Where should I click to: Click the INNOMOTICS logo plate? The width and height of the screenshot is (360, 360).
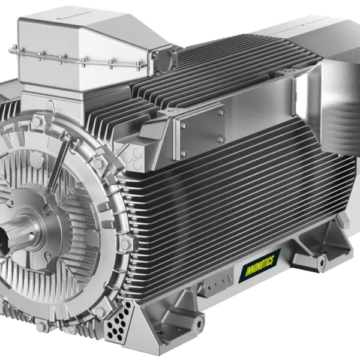259,266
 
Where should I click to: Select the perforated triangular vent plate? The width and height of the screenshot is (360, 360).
119,321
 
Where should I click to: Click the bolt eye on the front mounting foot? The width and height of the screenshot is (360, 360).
199,324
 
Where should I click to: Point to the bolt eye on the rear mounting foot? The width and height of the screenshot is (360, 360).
322,262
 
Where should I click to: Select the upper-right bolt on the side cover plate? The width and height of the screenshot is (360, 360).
221,112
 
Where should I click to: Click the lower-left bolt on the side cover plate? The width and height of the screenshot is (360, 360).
184,152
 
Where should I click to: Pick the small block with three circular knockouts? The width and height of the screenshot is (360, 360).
133,159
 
